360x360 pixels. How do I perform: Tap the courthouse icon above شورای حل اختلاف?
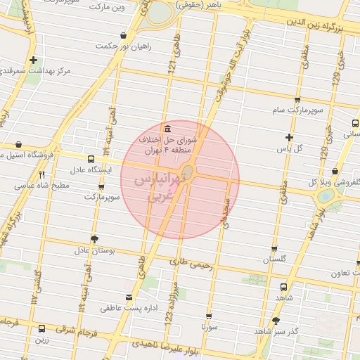click(x=167, y=129)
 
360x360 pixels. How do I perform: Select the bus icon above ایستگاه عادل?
click(x=91, y=160)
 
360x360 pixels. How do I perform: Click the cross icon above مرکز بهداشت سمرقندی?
click(x=33, y=60)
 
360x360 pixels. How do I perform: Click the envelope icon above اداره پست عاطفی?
click(x=128, y=297)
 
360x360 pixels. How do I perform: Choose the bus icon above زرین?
click(x=42, y=328)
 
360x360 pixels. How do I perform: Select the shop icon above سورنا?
click(x=209, y=316)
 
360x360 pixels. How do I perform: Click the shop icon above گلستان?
click(x=274, y=249)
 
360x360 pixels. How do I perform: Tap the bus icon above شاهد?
click(x=283, y=287)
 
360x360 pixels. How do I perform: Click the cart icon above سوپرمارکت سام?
click(x=297, y=100)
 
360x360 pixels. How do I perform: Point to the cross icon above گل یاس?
click(x=289, y=137)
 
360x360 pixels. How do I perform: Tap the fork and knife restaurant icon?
click(x=42, y=174)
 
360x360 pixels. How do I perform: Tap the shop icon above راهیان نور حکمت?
click(x=124, y=34)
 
